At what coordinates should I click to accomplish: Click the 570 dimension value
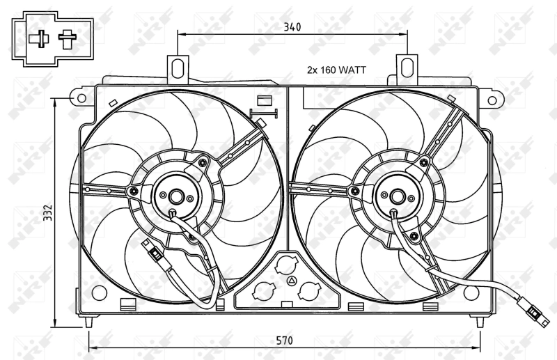pos(283,341)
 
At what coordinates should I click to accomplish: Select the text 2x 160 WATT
pos(337,70)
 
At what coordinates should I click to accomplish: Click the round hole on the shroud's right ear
pos(492,100)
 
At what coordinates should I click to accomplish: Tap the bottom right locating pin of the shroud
pos(480,322)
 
